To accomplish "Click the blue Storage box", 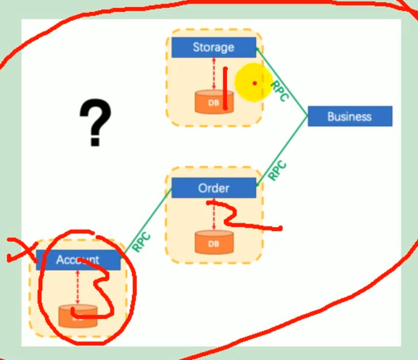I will pyautogui.click(x=213, y=47).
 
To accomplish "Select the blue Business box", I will pyautogui.click(x=350, y=116).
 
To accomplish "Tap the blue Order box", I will pyautogui.click(x=214, y=188).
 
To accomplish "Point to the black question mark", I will pyautogui.click(x=95, y=123).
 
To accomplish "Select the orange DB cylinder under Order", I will pyautogui.click(x=214, y=243).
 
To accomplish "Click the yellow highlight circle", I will pyautogui.click(x=253, y=82).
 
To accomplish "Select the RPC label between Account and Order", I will pyautogui.click(x=141, y=242).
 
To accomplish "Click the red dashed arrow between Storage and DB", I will pyautogui.click(x=214, y=74).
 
